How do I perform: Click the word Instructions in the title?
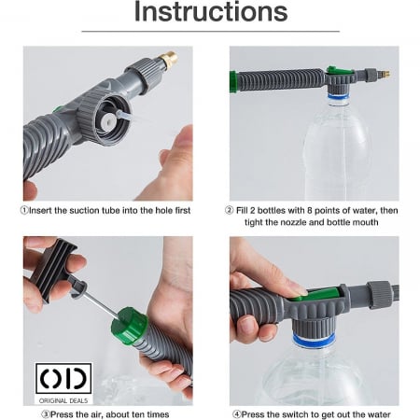pyautogui.click(x=211, y=12)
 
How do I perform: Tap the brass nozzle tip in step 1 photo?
pyautogui.click(x=168, y=61)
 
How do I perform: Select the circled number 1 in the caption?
pyautogui.click(x=24, y=211)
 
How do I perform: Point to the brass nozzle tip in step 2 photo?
pyautogui.click(x=385, y=74)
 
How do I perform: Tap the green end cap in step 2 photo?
pyautogui.click(x=233, y=82)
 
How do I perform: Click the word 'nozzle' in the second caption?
pyautogui.click(x=293, y=222)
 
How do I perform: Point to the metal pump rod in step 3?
pyautogui.click(x=100, y=302)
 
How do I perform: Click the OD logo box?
pyautogui.click(x=63, y=379)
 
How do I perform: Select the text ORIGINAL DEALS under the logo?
pyautogui.click(x=63, y=400)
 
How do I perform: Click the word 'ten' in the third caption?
pyautogui.click(x=138, y=414)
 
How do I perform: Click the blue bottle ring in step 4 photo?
pyautogui.click(x=315, y=340)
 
